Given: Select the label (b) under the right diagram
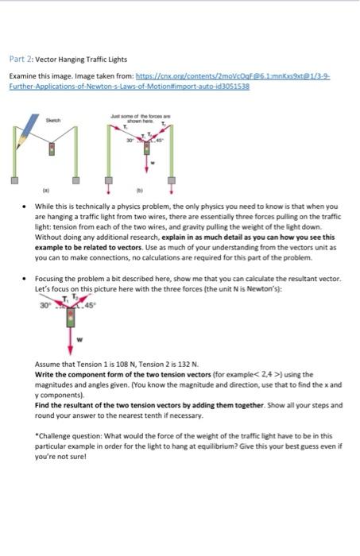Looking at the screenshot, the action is pos(141,192).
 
